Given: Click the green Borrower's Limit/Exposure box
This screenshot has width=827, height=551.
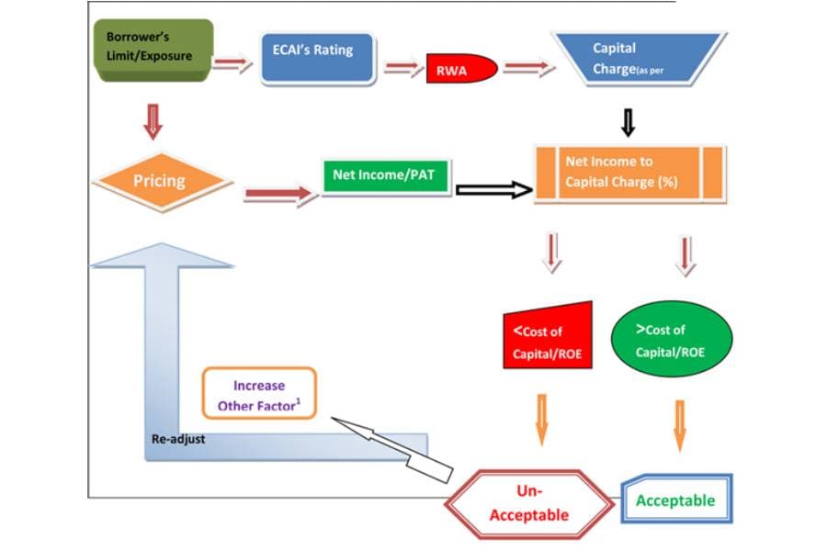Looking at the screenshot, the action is click(153, 51).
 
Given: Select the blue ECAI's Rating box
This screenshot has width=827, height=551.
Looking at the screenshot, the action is click(318, 58).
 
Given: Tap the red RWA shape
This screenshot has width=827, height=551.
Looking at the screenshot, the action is click(461, 68).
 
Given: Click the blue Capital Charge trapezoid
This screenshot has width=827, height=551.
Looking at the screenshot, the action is click(639, 59).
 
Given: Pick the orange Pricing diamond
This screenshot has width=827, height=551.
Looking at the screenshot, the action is click(162, 182).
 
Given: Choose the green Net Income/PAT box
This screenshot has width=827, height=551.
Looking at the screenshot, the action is click(387, 176).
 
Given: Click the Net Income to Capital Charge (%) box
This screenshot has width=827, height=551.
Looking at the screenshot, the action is click(630, 174).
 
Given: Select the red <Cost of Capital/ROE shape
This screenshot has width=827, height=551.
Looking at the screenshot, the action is click(548, 335).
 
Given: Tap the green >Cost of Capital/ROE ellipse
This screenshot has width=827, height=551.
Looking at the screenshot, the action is click(672, 339).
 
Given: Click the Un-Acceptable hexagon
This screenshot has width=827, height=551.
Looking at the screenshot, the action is click(529, 503).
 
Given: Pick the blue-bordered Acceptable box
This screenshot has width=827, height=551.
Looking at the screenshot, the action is click(676, 499).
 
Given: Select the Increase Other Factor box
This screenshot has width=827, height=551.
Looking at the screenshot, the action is click(259, 393).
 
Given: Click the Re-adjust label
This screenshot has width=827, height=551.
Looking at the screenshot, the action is click(178, 439).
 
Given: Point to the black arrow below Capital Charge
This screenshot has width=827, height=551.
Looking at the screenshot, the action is click(628, 123).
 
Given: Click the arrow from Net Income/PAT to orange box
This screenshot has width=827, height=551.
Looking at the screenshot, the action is click(494, 190).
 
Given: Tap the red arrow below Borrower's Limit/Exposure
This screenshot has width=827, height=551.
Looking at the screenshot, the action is click(153, 122).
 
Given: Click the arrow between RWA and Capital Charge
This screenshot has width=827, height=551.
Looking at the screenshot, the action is click(529, 67).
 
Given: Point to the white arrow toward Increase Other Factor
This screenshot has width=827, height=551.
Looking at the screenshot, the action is click(391, 449).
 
